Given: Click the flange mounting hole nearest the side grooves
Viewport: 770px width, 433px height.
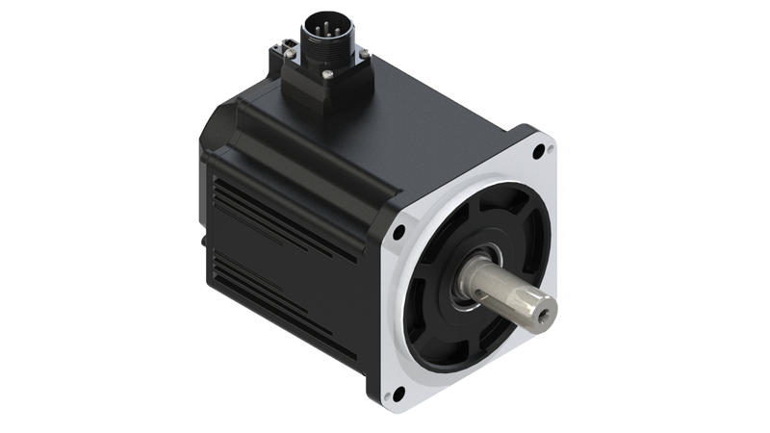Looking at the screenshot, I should (x=398, y=232).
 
